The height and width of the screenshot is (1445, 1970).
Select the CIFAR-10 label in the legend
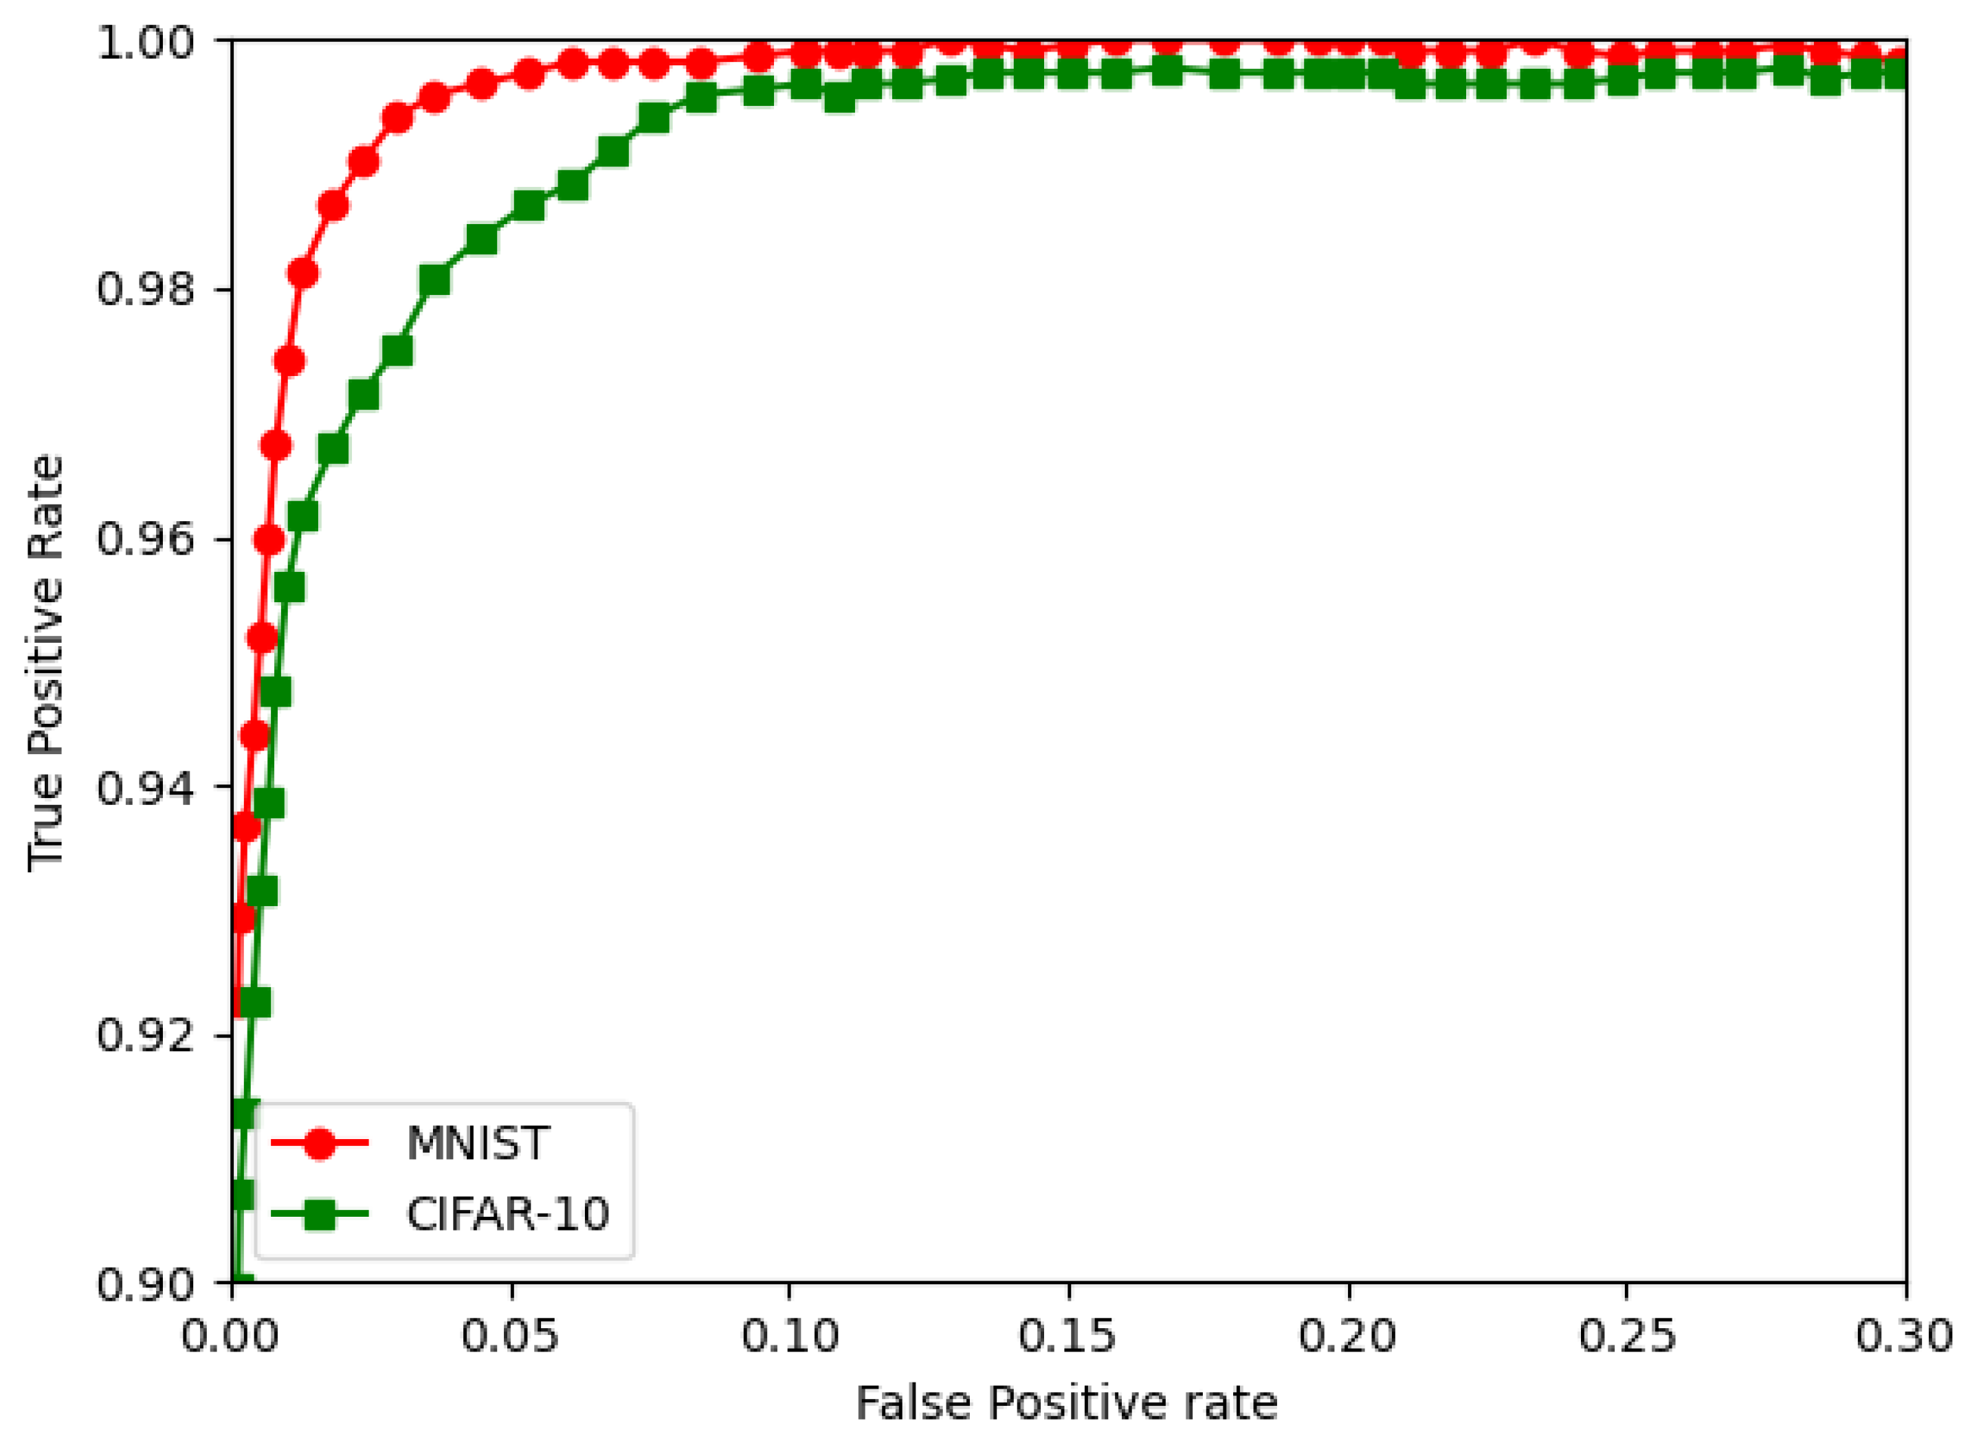pyautogui.click(x=507, y=1213)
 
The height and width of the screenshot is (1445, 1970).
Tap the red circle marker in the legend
pyautogui.click(x=320, y=1143)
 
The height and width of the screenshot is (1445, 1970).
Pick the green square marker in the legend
pyautogui.click(x=320, y=1213)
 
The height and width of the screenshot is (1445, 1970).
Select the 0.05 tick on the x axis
pyautogui.click(x=510, y=1336)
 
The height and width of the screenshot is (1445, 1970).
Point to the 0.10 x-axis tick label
pyautogui.click(x=790, y=1336)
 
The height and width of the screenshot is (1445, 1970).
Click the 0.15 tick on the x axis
pyautogui.click(x=1068, y=1336)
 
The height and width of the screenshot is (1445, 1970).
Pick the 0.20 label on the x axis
pyautogui.click(x=1347, y=1336)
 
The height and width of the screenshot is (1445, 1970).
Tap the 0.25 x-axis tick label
pyautogui.click(x=1626, y=1336)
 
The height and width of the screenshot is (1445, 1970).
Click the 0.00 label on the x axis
pyautogui.click(x=232, y=1336)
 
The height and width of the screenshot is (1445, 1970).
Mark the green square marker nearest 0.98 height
pyautogui.click(x=434, y=280)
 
